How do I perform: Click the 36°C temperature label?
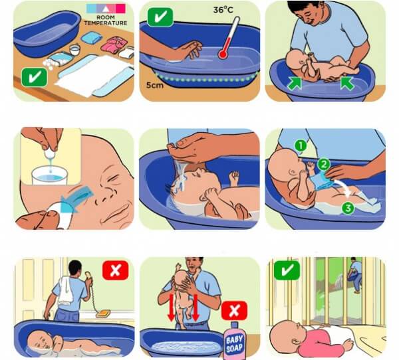[223, 10]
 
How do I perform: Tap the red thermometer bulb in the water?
[223, 54]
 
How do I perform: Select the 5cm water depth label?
[155, 85]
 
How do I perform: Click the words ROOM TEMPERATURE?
[106, 21]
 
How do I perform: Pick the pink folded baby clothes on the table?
[114, 44]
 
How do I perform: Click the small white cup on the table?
[74, 50]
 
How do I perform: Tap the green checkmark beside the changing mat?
[35, 77]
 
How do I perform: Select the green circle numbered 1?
[301, 145]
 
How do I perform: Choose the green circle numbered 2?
[324, 165]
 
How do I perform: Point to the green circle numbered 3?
[348, 208]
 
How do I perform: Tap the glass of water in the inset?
[50, 175]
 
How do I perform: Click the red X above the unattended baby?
[116, 270]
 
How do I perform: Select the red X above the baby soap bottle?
[234, 310]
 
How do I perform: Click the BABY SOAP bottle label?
[234, 344]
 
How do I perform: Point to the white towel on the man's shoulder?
[66, 290]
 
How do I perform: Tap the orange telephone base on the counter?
[103, 314]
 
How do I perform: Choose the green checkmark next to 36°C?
[160, 17]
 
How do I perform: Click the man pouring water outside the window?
[354, 275]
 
